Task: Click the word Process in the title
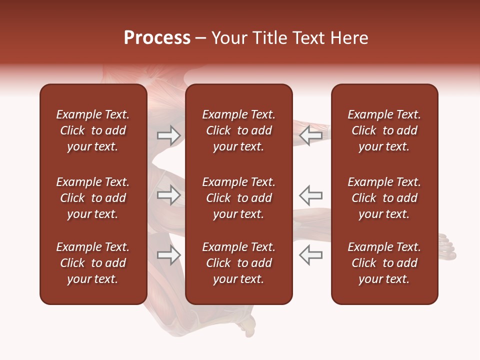point(157,38)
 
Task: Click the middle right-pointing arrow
point(168,195)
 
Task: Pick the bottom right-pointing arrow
point(168,255)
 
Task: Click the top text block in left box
point(93,130)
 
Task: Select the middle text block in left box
point(93,198)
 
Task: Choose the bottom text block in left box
point(93,263)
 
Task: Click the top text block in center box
point(238,130)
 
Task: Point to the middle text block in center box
point(238,198)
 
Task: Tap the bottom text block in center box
point(238,263)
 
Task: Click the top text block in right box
point(384,130)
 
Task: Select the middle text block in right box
point(384,198)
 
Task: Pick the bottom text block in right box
point(384,263)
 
